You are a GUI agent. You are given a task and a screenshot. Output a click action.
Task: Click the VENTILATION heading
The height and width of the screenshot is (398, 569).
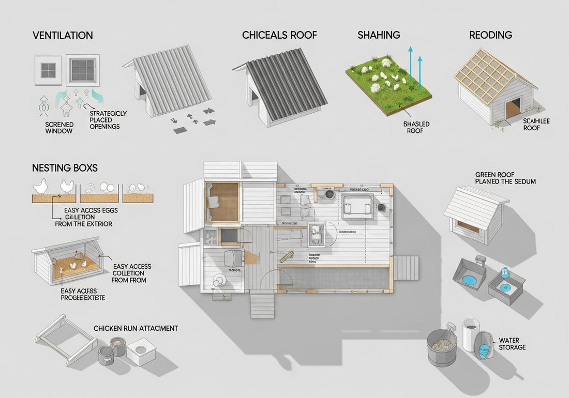click(63, 36)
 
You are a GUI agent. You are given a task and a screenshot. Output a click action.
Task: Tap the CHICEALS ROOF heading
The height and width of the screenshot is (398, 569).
click(279, 36)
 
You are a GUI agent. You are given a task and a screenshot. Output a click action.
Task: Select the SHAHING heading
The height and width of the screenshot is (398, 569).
click(379, 36)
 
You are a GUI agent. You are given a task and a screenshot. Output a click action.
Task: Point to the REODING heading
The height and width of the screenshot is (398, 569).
click(490, 36)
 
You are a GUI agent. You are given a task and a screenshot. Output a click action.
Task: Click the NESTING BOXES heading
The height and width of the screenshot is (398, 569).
click(65, 168)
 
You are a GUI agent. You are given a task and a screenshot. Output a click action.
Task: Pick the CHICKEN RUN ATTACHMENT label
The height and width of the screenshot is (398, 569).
click(136, 328)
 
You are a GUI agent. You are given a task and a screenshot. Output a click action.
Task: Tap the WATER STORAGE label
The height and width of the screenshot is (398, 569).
click(512, 344)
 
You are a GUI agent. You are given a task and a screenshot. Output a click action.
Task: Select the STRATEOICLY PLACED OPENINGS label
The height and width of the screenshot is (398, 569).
click(108, 120)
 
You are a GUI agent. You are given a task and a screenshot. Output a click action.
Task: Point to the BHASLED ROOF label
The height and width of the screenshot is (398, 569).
click(416, 128)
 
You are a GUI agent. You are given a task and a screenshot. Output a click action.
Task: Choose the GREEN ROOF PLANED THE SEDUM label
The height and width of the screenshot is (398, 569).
click(505, 178)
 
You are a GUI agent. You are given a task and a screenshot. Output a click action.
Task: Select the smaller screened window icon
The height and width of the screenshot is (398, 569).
click(48, 70)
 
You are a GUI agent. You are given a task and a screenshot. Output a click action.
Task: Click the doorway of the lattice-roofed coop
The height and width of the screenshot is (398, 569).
click(513, 109)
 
